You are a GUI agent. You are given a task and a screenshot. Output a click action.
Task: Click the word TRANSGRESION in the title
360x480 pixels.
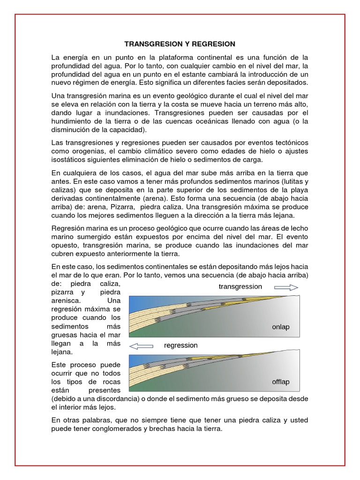coord(150,44)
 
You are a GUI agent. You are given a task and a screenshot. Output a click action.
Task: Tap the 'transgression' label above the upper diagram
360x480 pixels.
coord(240,286)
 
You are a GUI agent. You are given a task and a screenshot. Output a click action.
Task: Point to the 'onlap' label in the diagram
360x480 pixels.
coord(280,327)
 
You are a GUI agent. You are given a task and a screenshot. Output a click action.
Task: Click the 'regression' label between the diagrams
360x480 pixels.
coord(180,345)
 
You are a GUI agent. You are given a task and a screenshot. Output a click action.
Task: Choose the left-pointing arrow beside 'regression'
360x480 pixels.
coord(141,346)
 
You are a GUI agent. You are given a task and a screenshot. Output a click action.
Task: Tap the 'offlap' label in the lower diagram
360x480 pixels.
coord(280,382)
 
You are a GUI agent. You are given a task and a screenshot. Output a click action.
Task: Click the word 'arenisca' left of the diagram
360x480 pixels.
coord(66,301)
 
